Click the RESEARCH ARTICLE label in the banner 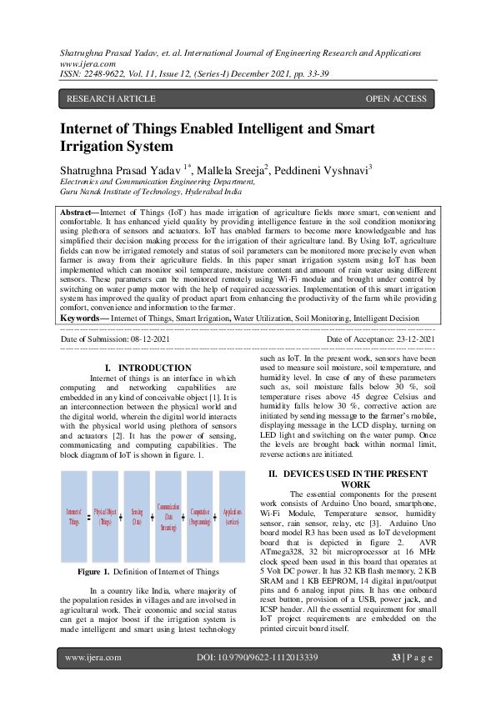click(111, 99)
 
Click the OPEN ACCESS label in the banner click(396, 99)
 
